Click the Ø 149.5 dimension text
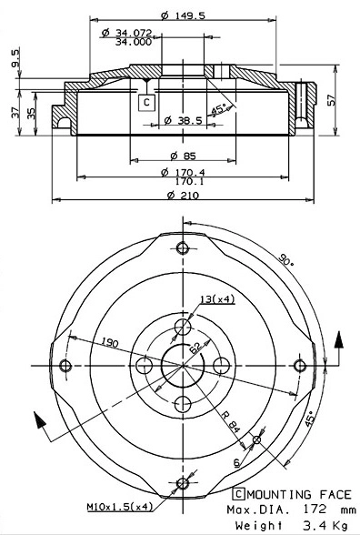click(x=182, y=14)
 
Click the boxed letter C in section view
click(x=145, y=103)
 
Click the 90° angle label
click(x=288, y=261)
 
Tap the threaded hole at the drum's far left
click(x=65, y=365)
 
